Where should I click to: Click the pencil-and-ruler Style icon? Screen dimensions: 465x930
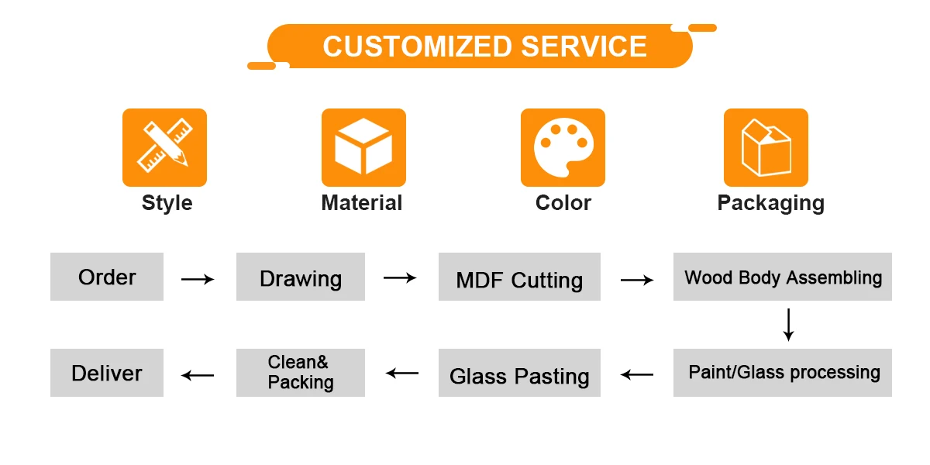point(164,147)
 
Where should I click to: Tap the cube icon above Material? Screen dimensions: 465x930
point(363,147)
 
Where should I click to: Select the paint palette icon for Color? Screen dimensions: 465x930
point(563,147)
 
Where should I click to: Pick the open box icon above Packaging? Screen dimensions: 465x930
point(766,147)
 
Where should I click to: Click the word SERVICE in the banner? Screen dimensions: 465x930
point(584,46)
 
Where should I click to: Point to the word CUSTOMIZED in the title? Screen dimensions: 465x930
point(417,46)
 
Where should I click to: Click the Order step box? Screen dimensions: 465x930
point(107,277)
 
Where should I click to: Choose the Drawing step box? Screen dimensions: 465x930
point(301,277)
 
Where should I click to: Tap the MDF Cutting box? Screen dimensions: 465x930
point(519,277)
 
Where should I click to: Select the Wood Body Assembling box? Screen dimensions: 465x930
point(783,277)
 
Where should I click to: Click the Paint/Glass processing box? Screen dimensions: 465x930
point(783,373)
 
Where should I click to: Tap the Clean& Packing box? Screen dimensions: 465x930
point(301,373)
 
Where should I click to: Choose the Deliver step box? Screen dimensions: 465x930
point(107,373)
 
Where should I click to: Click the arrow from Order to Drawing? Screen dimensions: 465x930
point(198,279)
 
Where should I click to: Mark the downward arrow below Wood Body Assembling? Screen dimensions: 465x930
point(788,325)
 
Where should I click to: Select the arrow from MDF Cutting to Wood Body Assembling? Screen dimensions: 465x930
point(637,279)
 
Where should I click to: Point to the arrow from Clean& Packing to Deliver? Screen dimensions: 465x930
point(198,375)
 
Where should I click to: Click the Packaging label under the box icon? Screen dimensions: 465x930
point(770,203)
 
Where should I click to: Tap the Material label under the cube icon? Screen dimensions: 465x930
point(362,203)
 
